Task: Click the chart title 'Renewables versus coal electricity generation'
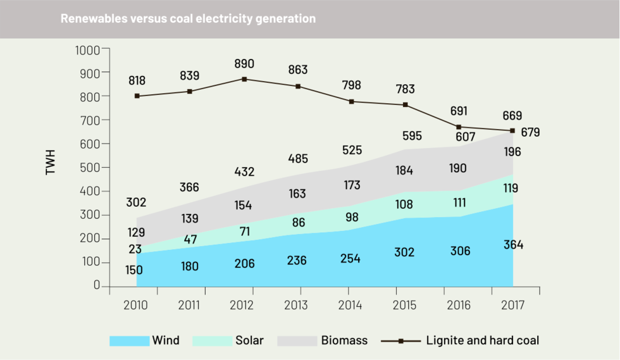188,19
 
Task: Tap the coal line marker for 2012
244,79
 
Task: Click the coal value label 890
244,64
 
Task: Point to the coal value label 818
137,80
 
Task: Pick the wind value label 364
513,245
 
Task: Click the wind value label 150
133,270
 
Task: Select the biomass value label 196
513,152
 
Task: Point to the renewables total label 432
244,171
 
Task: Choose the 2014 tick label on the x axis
350,305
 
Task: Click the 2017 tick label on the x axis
512,305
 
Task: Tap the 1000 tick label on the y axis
88,49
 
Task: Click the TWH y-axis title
51,162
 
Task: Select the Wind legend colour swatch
129,340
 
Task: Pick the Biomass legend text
344,340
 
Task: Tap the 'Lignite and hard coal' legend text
483,340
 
